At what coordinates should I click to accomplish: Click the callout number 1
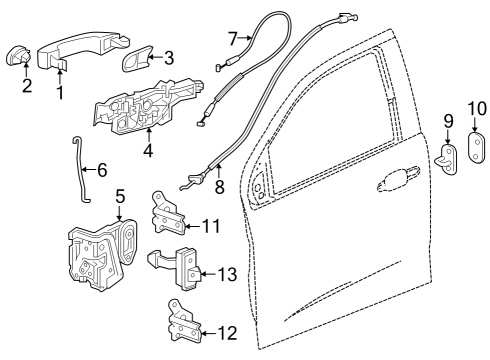[60, 92]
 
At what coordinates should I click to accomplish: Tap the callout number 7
[233, 38]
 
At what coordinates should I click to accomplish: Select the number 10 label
[477, 109]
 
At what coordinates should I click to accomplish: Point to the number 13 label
[228, 274]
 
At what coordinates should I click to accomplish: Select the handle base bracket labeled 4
[149, 106]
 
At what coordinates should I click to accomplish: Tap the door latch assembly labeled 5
[102, 253]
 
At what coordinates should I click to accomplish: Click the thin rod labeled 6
[80, 170]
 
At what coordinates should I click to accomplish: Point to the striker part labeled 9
[447, 160]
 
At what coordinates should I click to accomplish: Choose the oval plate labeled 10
[477, 148]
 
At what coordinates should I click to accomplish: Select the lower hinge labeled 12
[184, 322]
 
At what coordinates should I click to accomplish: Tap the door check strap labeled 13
[175, 268]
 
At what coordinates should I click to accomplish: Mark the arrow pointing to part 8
[219, 171]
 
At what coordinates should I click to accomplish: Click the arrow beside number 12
[209, 333]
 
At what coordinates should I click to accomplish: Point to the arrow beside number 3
[155, 58]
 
